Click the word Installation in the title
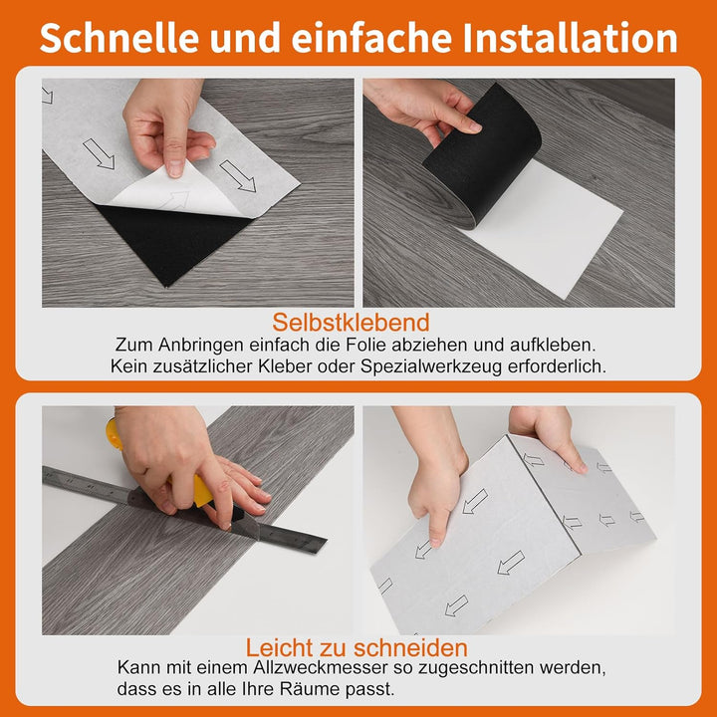pyautogui.click(x=570, y=38)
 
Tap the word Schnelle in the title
pyautogui.click(x=119, y=38)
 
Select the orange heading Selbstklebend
pyautogui.click(x=351, y=322)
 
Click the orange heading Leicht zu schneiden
pyautogui.click(x=357, y=647)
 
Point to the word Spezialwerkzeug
pyautogui.click(x=431, y=366)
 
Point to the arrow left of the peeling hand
pyautogui.click(x=99, y=153)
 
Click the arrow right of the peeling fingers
pyautogui.click(x=237, y=176)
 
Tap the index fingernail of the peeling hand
pyautogui.click(x=174, y=167)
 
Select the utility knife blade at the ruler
pyautogui.click(x=247, y=527)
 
